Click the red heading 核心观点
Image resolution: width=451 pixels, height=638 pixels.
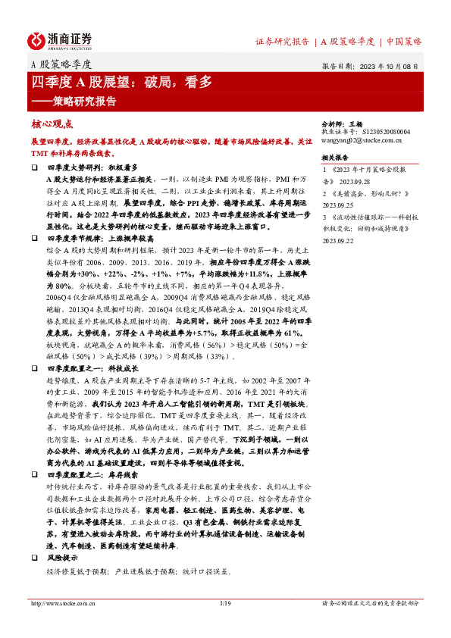pyautogui.click(x=52, y=124)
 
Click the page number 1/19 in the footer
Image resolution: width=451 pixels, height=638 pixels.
pyautogui.click(x=225, y=603)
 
